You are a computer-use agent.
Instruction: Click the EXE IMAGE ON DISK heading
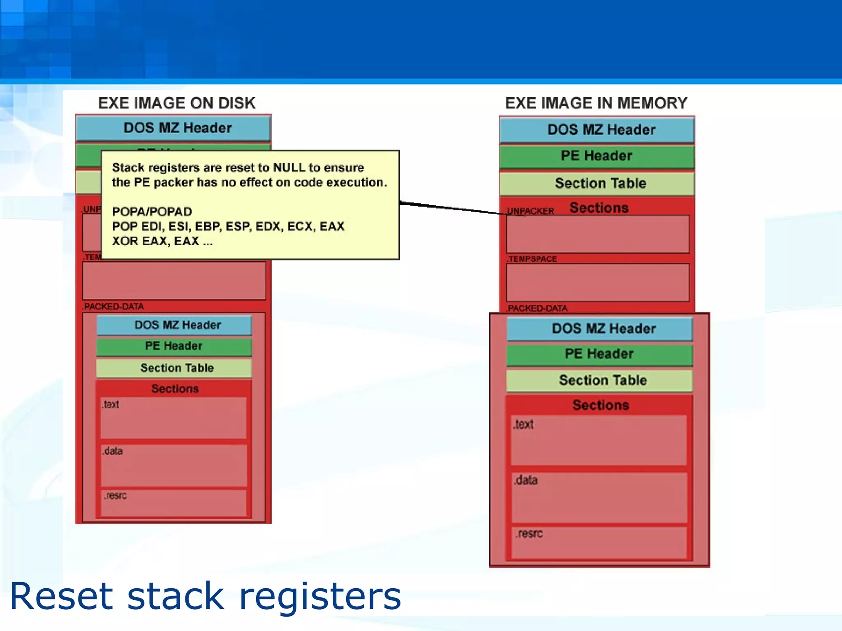pyautogui.click(x=176, y=103)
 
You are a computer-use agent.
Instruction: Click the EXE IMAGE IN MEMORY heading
pyautogui.click(x=596, y=103)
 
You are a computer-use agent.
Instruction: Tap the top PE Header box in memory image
pyautogui.click(x=597, y=156)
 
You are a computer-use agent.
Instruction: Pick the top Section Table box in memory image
pyautogui.click(x=600, y=183)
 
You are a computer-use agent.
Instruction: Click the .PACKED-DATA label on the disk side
pyautogui.click(x=113, y=306)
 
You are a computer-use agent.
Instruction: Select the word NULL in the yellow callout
pyautogui.click(x=289, y=168)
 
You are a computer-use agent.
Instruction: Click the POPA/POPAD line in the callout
pyautogui.click(x=152, y=212)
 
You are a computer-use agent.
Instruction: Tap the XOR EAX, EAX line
pyautogui.click(x=162, y=241)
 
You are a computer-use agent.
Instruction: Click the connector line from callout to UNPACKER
pyautogui.click(x=452, y=208)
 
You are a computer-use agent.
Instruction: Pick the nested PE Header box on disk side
pyautogui.click(x=174, y=346)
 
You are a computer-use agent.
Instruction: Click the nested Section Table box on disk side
pyautogui.click(x=177, y=368)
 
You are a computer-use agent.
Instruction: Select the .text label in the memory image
pyautogui.click(x=523, y=424)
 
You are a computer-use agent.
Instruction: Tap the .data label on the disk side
pyautogui.click(x=113, y=451)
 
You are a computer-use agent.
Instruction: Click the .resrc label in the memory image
pyautogui.click(x=529, y=534)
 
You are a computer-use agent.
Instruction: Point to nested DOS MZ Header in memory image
pyautogui.click(x=603, y=329)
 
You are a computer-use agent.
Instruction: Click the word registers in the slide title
pyautogui.click(x=320, y=596)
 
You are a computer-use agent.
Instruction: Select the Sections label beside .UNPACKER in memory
pyautogui.click(x=599, y=208)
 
